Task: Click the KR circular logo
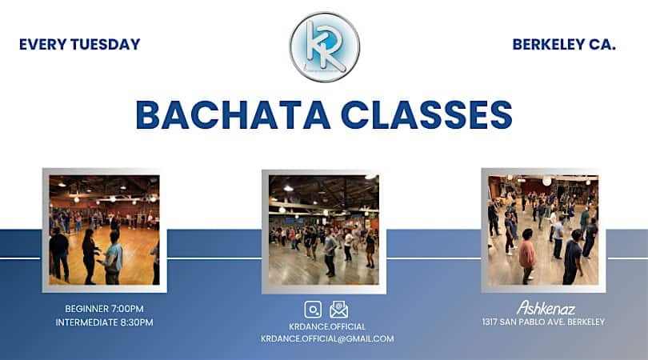[x=324, y=46]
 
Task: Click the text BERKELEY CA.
[x=564, y=45]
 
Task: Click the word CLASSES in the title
[x=426, y=114]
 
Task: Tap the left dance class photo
[x=104, y=230]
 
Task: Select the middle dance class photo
[x=324, y=230]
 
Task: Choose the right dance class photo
[x=543, y=230]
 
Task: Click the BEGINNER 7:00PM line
[x=104, y=308]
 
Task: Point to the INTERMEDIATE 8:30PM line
[x=104, y=322]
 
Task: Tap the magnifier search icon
[x=313, y=310]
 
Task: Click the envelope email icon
[x=338, y=310]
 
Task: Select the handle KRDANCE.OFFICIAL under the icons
[x=327, y=326]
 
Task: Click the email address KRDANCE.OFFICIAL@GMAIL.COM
[x=327, y=338]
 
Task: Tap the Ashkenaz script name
[x=546, y=307]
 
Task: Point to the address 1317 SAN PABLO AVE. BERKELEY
[x=543, y=322]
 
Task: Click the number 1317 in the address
[x=491, y=322]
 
